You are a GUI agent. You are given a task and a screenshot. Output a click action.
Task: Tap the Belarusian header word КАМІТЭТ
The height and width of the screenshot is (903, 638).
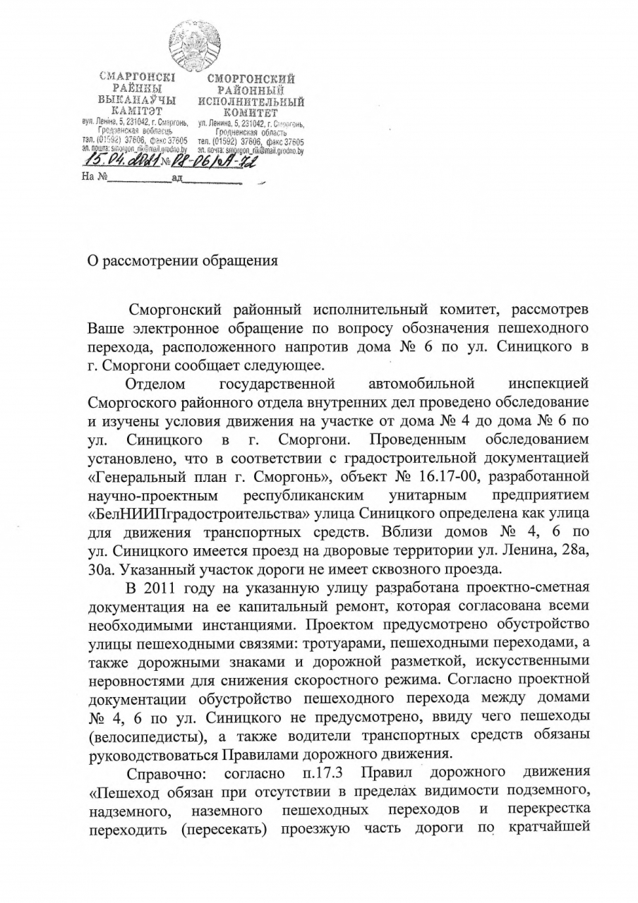pyautogui.click(x=138, y=110)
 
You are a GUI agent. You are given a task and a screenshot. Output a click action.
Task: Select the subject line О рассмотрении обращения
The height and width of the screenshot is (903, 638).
pyautogui.click(x=182, y=260)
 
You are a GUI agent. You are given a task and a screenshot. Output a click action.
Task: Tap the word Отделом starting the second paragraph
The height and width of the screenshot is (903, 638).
pyautogui.click(x=156, y=384)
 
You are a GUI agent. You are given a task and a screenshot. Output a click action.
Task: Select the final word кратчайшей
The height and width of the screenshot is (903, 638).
pyautogui.click(x=549, y=825)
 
